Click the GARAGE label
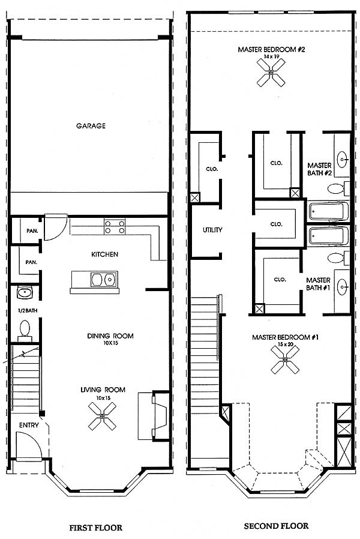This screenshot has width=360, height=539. [91, 126]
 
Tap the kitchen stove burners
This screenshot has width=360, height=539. [115, 227]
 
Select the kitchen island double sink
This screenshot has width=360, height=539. [104, 279]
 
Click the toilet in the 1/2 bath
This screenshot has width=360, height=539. [25, 331]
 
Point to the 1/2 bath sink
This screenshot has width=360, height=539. [24, 293]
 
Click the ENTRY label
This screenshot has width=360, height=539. [29, 425]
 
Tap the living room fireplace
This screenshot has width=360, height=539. [154, 416]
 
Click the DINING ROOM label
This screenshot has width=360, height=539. [110, 336]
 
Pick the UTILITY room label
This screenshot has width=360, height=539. [212, 230]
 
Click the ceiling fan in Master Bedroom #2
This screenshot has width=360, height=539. [271, 72]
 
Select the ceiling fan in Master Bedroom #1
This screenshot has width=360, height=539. [285, 360]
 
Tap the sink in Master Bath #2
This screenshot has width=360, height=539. [343, 160]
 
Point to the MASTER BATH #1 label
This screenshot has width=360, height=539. [318, 284]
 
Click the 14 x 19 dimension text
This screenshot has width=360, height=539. [271, 56]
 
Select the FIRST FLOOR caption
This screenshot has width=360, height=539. [96, 528]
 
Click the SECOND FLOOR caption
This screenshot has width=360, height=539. [276, 526]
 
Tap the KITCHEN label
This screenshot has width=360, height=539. [105, 254]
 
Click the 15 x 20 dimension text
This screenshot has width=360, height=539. [285, 344]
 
